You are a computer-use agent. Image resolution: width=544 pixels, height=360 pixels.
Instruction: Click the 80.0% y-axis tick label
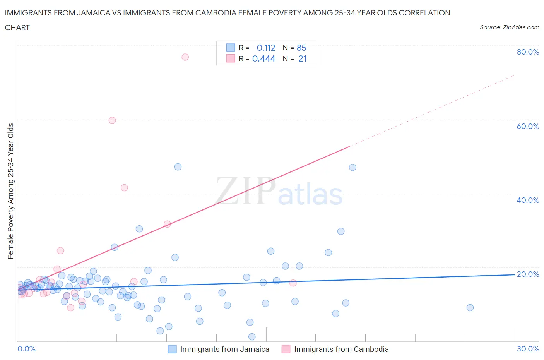[x=528, y=52]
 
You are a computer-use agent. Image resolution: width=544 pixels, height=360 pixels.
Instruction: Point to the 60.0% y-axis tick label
[x=528, y=126]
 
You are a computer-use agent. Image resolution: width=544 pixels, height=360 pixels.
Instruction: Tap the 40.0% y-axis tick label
[x=528, y=200]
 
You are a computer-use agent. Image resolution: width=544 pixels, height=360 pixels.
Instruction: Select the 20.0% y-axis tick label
[x=528, y=274]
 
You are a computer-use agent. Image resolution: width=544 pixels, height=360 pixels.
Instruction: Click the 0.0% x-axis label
[x=26, y=349]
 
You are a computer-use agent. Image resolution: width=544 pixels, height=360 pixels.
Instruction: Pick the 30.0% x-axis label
[x=528, y=349]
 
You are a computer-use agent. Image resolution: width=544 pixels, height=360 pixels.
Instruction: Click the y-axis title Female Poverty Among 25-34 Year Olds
[x=11, y=191]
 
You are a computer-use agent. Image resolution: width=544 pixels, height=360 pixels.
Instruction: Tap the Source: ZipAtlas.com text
[x=509, y=27]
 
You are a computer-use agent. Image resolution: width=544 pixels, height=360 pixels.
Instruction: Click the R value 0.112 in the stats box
[x=266, y=48]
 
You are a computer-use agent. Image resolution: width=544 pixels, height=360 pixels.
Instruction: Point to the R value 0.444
[x=263, y=58]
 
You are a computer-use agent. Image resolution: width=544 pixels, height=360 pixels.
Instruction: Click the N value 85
[x=301, y=48]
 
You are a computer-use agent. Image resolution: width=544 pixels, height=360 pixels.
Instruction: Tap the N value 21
[x=302, y=58]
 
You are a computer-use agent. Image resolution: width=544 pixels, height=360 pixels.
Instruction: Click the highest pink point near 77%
[x=185, y=57]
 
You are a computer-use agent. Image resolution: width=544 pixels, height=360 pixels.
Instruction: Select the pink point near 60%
[x=112, y=120]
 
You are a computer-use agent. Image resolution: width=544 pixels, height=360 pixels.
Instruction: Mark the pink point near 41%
[x=124, y=188]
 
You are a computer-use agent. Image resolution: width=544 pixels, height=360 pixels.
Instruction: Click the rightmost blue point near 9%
[x=470, y=308]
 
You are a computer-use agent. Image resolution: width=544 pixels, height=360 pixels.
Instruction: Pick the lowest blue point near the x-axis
[x=252, y=337]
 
